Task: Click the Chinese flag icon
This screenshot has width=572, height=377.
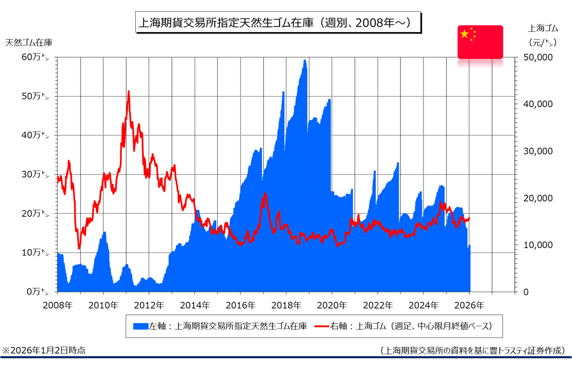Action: pos(480,42)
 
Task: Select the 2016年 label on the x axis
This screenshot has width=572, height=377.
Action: pos(240,306)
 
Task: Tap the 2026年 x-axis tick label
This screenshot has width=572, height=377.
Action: pos(469,306)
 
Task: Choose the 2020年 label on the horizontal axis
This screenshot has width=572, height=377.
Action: pos(332,306)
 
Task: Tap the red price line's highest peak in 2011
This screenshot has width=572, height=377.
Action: pos(128,92)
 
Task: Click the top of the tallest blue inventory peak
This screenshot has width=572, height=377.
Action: pos(305,60)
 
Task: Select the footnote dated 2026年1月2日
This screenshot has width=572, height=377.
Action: pos(44,350)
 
